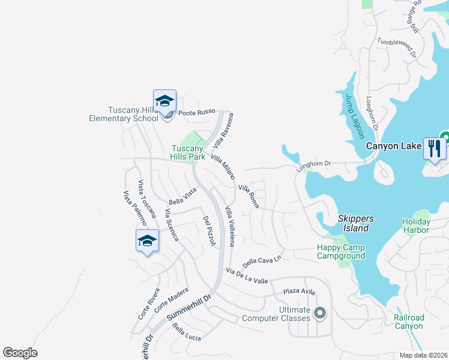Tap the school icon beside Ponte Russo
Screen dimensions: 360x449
click(x=164, y=101)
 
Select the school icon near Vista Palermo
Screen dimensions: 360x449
click(x=147, y=241)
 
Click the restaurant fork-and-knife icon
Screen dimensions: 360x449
click(x=435, y=148)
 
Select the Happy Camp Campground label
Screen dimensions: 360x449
click(x=341, y=252)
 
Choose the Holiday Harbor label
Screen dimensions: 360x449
click(x=415, y=226)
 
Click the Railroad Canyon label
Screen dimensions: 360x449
click(x=409, y=322)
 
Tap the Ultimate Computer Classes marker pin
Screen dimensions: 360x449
click(x=320, y=313)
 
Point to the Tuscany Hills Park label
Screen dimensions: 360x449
click(x=188, y=152)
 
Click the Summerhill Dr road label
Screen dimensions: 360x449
click(x=190, y=307)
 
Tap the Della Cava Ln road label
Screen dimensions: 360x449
click(x=262, y=262)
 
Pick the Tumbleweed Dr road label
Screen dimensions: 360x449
click(x=396, y=46)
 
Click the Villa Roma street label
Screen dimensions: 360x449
click(x=249, y=196)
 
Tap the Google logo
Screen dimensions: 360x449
click(x=20, y=353)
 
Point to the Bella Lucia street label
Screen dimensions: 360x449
click(x=186, y=332)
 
